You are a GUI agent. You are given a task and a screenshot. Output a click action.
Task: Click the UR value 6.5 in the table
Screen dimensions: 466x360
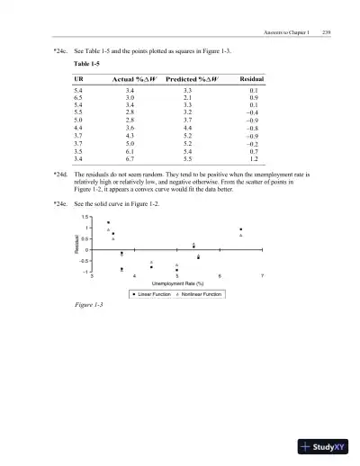click(78, 99)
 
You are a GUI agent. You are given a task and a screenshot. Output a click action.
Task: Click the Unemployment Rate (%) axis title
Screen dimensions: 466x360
click(175, 283)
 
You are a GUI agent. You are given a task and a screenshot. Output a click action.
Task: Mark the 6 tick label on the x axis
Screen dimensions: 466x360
click(220, 274)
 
